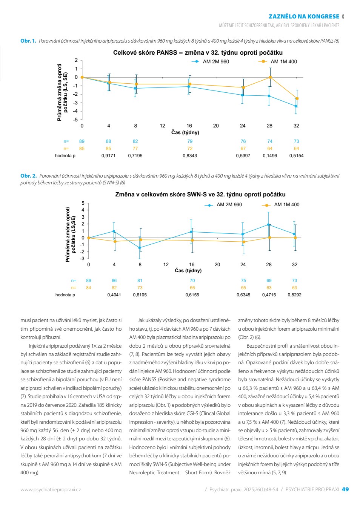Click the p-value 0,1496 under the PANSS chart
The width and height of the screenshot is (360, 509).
tap(270, 156)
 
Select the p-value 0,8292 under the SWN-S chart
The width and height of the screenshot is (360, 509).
tap(294, 295)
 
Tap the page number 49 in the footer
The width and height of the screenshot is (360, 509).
tap(345, 489)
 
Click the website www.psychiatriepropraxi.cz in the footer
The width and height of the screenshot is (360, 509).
tap(51, 489)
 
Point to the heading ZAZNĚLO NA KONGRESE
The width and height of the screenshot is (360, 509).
tap(304, 17)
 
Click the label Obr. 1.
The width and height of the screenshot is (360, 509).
tap(28, 41)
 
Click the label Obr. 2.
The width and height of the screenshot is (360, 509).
tap(28, 176)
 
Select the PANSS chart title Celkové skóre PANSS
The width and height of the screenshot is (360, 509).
tap(145, 53)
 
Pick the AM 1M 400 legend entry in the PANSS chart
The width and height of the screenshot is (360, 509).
tap(278, 61)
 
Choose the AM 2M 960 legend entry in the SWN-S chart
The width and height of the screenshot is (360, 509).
tap(223, 205)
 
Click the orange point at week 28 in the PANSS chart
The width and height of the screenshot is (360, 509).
tap(270, 77)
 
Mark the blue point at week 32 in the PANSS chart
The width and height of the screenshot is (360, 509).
tap(295, 106)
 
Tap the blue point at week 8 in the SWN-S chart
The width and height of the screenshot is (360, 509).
tap(140, 248)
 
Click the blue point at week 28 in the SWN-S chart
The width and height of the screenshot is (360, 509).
tap(268, 224)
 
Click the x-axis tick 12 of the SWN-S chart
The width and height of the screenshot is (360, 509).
tap(166, 265)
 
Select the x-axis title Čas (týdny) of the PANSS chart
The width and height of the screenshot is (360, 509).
tap(185, 132)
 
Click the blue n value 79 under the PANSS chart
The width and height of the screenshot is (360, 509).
tap(190, 141)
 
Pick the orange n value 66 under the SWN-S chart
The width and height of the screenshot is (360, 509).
tap(192, 288)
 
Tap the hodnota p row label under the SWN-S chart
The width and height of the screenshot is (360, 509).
tap(65, 295)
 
